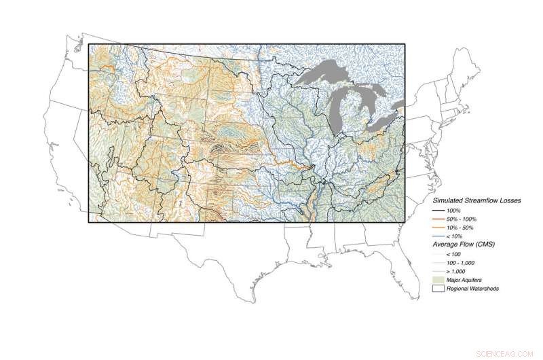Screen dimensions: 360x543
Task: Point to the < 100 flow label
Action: pos(453,254)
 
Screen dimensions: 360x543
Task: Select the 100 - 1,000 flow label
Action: pos(460,262)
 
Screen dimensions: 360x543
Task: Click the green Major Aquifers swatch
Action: pos(438,279)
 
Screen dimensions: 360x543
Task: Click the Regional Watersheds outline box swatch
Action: pos(438,288)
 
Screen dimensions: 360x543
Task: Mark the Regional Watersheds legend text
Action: pos(470,288)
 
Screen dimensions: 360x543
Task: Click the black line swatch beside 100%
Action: pos(438,211)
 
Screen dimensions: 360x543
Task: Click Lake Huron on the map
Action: pos(372,98)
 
